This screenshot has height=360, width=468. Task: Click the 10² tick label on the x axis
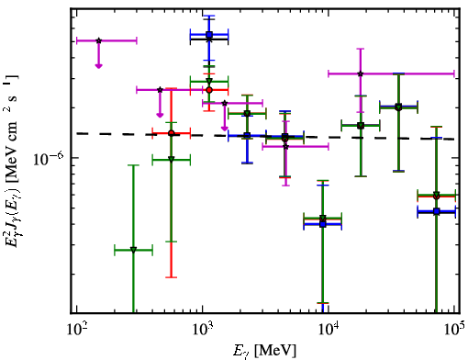[76, 330]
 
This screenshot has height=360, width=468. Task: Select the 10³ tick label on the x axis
[202, 330]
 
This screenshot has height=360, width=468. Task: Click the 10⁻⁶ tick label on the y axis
[48, 158]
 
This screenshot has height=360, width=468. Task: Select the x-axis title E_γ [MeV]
[264, 351]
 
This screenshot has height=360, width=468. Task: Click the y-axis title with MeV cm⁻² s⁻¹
[12, 160]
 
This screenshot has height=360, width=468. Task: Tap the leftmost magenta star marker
[98, 40]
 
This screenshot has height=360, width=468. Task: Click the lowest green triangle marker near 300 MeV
[133, 250]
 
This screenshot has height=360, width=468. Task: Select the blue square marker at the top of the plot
[209, 35]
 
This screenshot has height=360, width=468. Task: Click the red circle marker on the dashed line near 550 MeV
[172, 133]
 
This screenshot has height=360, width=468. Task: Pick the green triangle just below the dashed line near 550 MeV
[172, 160]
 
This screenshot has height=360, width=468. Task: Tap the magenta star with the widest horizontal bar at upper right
[361, 73]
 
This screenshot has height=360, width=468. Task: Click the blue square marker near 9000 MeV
[322, 224]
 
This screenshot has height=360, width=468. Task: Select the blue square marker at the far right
[437, 211]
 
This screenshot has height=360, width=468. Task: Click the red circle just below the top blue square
[209, 90]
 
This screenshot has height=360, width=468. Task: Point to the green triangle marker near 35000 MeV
[398, 107]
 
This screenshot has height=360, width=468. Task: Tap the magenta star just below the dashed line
[285, 147]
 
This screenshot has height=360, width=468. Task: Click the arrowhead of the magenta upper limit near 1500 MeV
[225, 129]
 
